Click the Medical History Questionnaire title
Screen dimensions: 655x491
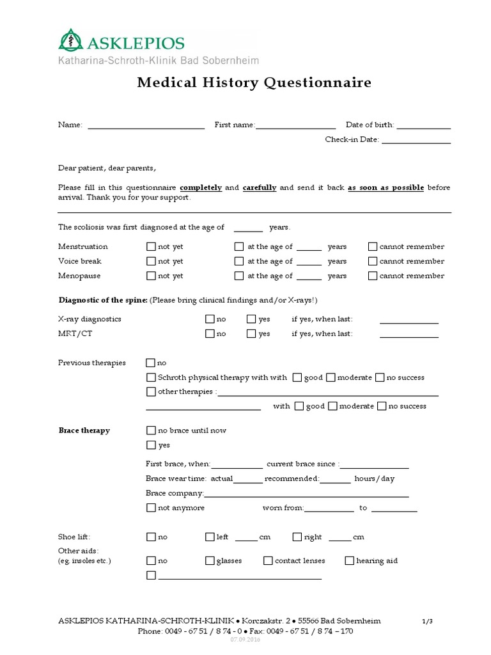(x=254, y=83)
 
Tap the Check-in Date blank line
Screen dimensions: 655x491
(x=416, y=139)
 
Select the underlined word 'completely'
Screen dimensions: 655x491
(x=201, y=187)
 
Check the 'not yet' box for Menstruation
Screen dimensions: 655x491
(x=151, y=246)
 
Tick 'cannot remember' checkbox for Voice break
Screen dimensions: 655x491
(x=373, y=261)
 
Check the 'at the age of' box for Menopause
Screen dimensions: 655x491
(x=239, y=276)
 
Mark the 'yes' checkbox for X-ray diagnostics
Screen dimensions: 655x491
(x=251, y=319)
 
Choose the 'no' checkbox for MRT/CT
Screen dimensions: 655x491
(x=210, y=333)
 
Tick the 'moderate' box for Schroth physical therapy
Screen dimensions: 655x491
(x=331, y=377)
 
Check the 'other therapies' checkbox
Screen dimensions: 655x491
(x=151, y=391)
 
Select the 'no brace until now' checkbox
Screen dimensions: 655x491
(x=151, y=430)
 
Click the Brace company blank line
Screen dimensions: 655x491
(x=306, y=494)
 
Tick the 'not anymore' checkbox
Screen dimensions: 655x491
(x=151, y=508)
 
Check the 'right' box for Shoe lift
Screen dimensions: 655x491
(x=297, y=537)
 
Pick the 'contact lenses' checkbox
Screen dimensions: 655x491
(x=268, y=561)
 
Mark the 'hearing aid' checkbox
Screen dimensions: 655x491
(x=350, y=561)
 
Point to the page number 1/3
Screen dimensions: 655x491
(x=428, y=621)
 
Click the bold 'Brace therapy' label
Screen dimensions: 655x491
(x=84, y=430)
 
